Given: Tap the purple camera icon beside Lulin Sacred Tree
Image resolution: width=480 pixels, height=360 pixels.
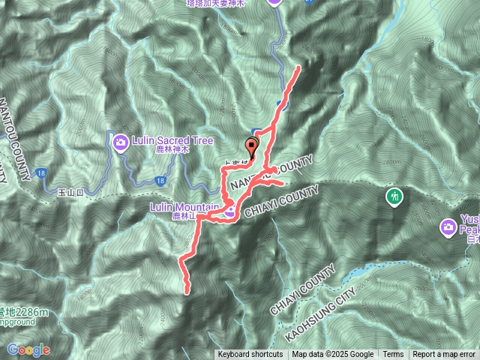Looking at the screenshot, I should tap(119, 140).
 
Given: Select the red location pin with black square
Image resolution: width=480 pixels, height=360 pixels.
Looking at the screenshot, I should tap(251, 147).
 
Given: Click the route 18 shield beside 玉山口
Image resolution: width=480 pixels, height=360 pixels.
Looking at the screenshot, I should tap(40, 173).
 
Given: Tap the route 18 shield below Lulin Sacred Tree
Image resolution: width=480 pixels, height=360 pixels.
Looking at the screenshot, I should tap(160, 181).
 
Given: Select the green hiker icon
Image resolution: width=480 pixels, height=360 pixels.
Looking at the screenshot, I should tap(394, 196).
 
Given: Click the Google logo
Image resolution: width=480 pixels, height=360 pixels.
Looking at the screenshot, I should tap(28, 349).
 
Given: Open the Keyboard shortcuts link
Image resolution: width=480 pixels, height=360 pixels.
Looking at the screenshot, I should tap(250, 355).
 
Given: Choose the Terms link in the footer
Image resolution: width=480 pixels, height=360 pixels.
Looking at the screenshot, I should tap(393, 355).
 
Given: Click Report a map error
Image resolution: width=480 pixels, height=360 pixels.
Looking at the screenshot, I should tap(444, 355).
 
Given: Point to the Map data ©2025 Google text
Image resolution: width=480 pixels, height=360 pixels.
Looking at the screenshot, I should tap(332, 355).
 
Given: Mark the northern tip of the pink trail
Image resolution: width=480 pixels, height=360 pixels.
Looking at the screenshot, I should tap(299, 67).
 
